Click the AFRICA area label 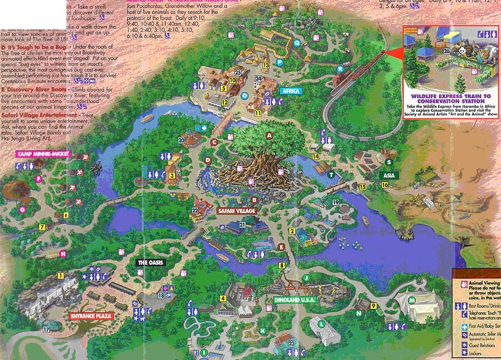point(291,91)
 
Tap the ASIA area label point(387,175)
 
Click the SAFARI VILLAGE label point(236,211)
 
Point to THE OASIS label point(151,263)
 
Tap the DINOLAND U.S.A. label point(295,300)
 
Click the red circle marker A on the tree point(269,135)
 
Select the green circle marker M point(412,300)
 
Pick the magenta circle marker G point(22,210)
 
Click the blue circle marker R point(340,68)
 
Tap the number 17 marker point(47,330)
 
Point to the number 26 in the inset point(446,51)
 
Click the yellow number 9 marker point(374,305)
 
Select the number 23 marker point(292,344)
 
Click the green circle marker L point(322,324)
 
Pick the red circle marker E point(281,246)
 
